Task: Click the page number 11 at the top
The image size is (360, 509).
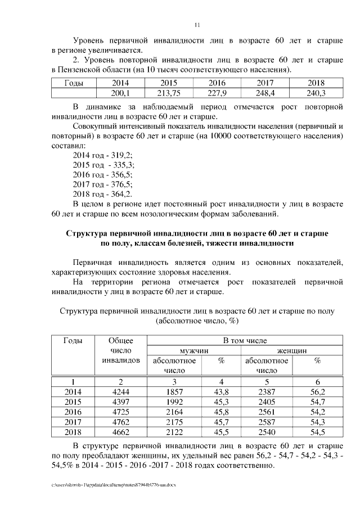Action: pos(197,25)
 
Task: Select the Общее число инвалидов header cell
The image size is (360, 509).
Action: pos(121,350)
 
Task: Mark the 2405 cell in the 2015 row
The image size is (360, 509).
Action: pos(267,402)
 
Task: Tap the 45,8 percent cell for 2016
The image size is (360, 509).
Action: pos(221,412)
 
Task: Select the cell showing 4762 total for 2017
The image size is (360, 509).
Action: pos(121,422)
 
